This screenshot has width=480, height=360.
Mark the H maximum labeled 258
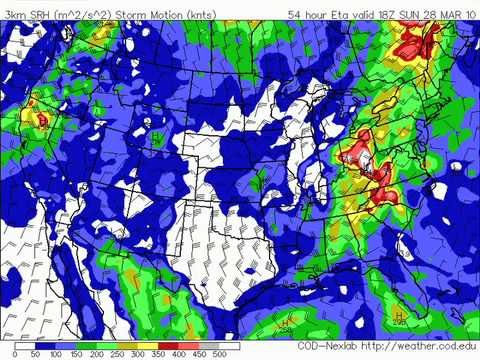click(x=287, y=324)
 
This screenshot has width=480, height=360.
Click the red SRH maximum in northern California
click(x=43, y=118)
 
